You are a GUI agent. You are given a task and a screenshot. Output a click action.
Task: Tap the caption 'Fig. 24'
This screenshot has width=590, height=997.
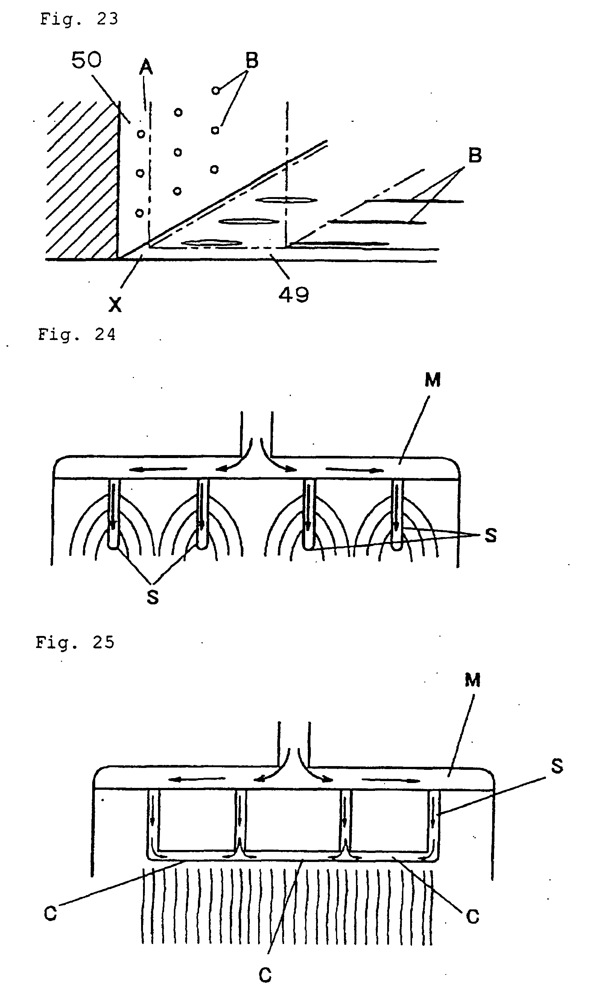point(76,335)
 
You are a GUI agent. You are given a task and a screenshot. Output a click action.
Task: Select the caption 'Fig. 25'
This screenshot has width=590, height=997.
point(75,643)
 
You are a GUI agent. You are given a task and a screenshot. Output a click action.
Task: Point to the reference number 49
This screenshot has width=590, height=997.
point(293,295)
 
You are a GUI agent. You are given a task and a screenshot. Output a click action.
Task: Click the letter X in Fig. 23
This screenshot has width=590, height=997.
point(115,305)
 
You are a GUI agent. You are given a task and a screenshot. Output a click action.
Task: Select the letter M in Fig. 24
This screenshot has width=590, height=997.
point(433,380)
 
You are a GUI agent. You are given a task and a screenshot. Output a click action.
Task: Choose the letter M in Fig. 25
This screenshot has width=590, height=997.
point(472,681)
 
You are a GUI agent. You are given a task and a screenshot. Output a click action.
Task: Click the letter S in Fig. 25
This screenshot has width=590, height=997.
point(557,766)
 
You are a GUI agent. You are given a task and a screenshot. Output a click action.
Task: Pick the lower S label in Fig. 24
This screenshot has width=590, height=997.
point(153,596)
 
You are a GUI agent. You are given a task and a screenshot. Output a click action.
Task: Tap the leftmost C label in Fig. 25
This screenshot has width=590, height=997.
point(50,914)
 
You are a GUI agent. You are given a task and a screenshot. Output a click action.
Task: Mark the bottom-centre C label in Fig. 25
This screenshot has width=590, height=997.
point(265,975)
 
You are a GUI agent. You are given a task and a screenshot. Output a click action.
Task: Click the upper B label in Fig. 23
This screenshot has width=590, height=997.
point(252,61)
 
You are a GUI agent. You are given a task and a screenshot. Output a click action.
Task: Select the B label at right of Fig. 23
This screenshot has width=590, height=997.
point(475,155)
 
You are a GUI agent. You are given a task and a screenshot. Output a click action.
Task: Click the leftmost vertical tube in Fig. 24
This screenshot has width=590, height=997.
point(114,514)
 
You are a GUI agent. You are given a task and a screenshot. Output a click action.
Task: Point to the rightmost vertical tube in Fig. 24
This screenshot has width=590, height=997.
point(396,514)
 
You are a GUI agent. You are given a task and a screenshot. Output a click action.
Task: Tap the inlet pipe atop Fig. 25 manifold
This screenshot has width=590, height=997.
point(294,743)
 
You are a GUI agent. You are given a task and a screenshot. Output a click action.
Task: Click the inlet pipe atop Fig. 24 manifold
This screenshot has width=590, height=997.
point(257,433)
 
